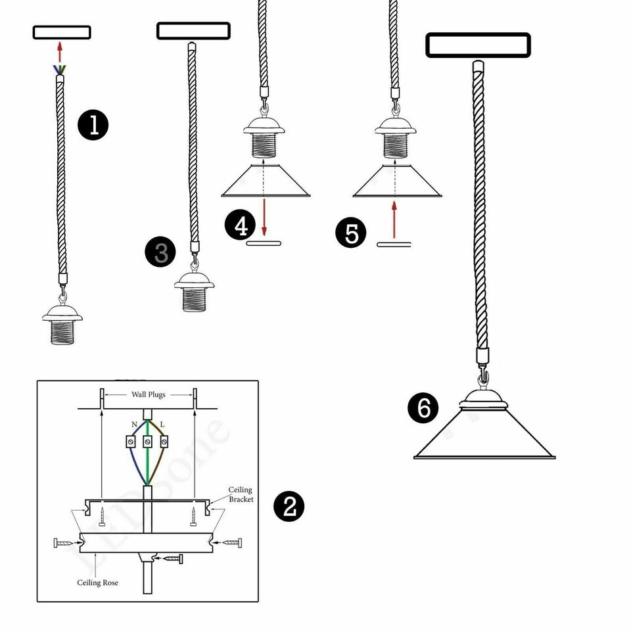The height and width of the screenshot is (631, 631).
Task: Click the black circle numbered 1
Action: click(94, 125)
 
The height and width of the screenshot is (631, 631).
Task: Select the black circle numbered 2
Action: click(289, 507)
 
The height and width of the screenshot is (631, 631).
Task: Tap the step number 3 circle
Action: click(162, 252)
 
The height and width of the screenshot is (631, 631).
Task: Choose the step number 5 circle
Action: click(352, 234)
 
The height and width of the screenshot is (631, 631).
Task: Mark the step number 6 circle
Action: click(423, 409)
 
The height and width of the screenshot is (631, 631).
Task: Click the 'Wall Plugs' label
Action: click(148, 394)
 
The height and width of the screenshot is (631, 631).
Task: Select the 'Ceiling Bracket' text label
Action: click(241, 495)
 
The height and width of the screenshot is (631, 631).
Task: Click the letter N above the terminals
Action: click(134, 425)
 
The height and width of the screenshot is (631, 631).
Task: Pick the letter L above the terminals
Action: click(162, 425)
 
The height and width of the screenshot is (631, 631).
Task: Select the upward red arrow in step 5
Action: click(394, 220)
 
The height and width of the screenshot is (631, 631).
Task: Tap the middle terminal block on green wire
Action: click(148, 442)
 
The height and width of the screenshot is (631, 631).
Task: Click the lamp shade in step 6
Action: click(484, 437)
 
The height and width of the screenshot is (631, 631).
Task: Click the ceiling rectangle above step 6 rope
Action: click(478, 45)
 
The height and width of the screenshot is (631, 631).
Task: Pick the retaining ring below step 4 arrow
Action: click(264, 243)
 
